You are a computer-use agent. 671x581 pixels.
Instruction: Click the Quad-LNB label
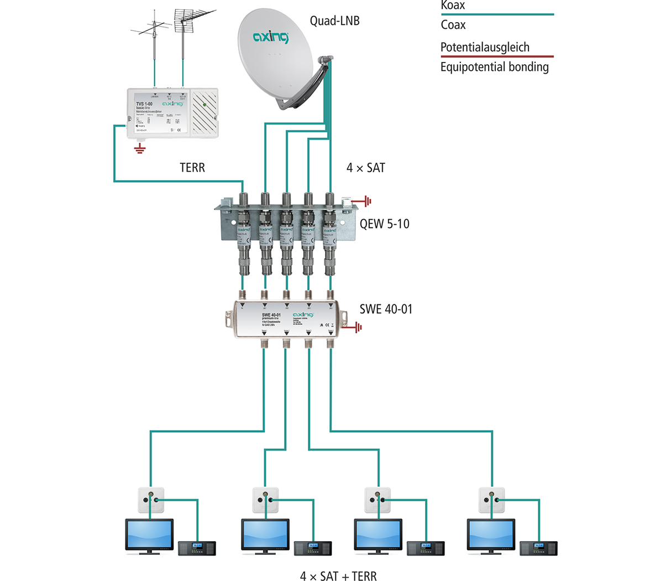click(334, 21)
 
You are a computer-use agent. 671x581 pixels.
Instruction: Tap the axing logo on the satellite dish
click(271, 38)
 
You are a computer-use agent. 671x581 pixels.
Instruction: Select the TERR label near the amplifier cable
click(192, 168)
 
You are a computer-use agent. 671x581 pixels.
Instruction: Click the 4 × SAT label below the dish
click(365, 168)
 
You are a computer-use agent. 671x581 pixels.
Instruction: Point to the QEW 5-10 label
click(384, 224)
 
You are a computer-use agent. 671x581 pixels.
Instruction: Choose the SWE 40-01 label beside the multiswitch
click(386, 309)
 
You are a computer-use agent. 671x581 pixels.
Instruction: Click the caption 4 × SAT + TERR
click(338, 576)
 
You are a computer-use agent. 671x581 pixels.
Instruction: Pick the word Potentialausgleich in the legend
click(485, 48)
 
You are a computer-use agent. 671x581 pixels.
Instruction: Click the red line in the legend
click(496, 56)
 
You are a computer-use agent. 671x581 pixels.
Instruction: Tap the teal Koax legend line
click(496, 14)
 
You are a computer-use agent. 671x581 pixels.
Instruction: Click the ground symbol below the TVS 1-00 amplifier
click(140, 148)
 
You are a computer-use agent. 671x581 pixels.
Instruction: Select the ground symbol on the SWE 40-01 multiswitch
click(358, 328)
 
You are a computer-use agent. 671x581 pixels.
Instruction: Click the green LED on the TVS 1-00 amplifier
click(205, 104)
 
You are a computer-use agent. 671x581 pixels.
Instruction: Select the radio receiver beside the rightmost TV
click(538, 548)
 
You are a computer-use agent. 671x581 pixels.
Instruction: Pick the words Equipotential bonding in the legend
click(494, 68)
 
